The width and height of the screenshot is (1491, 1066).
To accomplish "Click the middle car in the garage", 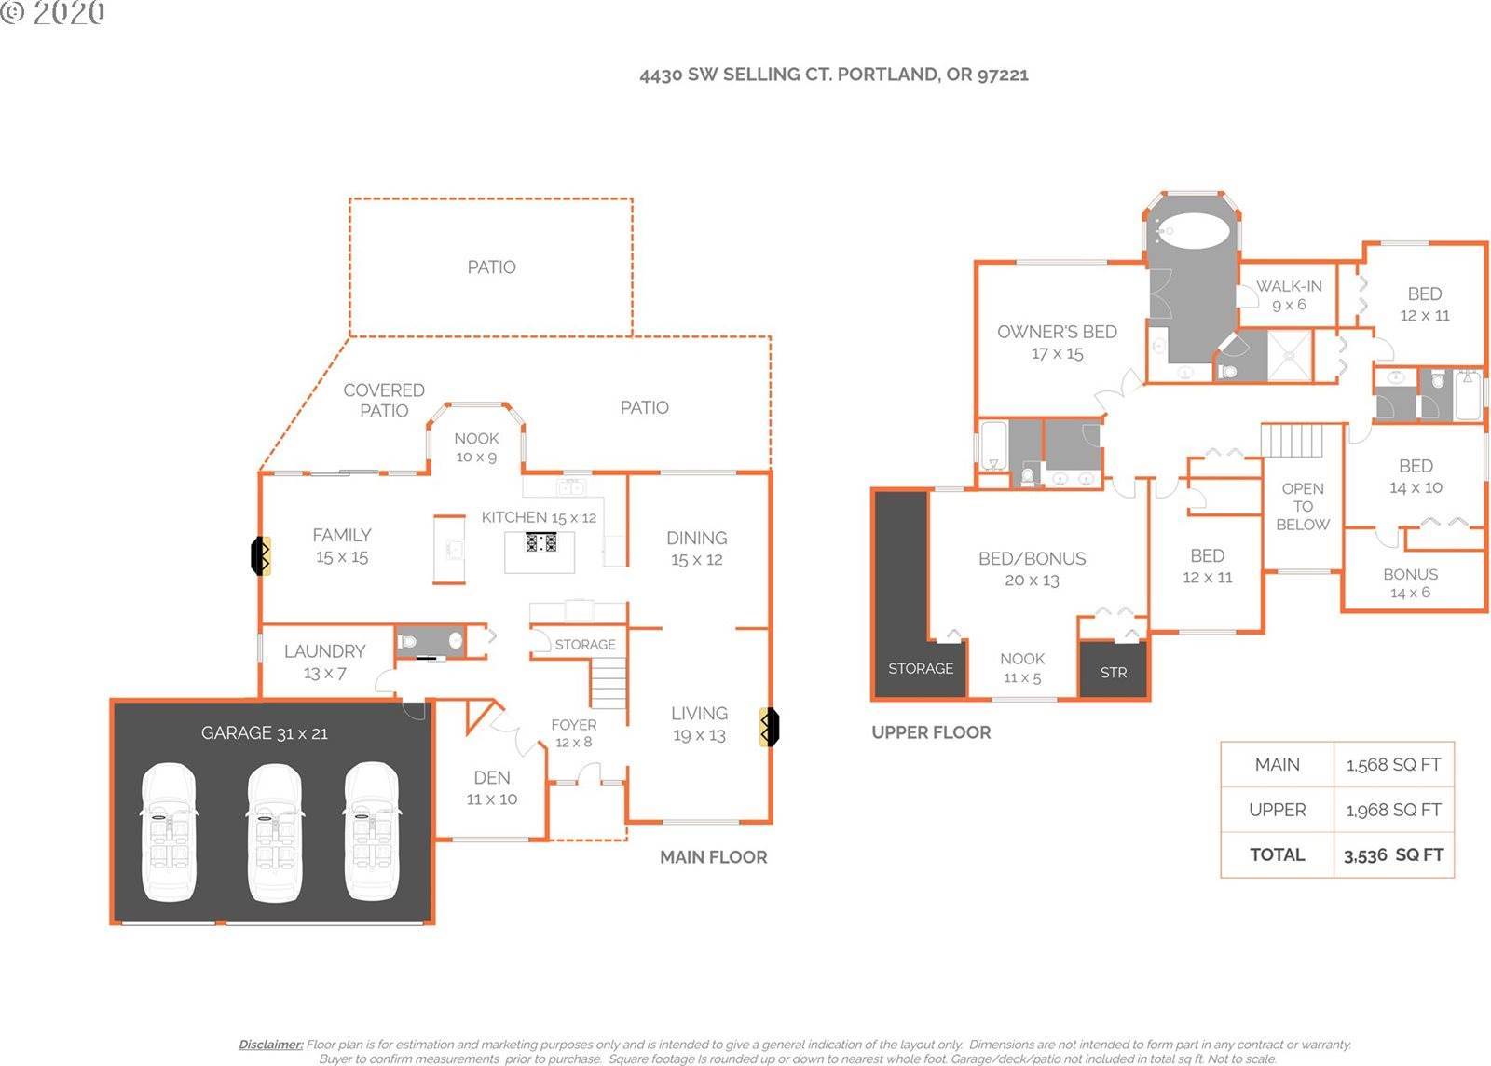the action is (x=275, y=832).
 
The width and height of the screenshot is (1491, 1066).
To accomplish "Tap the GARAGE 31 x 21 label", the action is (x=265, y=733).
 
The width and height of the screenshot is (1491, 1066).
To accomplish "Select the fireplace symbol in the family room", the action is (x=260, y=555).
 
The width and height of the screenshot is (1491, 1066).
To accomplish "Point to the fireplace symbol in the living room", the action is (x=769, y=727).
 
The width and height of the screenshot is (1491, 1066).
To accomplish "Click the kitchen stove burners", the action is (x=540, y=542).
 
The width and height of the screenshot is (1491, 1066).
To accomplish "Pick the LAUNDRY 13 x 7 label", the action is (x=325, y=663).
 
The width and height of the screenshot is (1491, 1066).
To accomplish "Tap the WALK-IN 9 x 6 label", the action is (x=1289, y=295).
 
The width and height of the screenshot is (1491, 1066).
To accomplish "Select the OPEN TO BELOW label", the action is (x=1303, y=506).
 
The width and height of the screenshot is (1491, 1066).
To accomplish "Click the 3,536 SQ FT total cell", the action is (x=1393, y=855).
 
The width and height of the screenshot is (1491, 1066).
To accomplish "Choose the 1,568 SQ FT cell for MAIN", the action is (x=1393, y=765).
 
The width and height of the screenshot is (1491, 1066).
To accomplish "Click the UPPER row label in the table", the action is (x=1278, y=810).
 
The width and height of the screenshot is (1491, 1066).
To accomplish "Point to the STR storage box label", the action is (x=1114, y=673).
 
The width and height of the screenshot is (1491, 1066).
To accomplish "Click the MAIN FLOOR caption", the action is (x=714, y=857).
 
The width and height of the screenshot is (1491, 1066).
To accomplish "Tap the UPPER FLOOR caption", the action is (x=931, y=732).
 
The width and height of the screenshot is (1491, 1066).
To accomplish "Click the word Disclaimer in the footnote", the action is (x=271, y=1045).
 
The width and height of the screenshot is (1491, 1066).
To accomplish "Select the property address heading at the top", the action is (x=834, y=75).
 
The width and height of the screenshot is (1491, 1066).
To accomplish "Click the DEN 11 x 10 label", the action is (x=492, y=788).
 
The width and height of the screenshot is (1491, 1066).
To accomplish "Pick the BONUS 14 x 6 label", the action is (x=1411, y=583).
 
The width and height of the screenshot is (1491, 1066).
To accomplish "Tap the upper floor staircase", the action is (x=1293, y=441).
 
